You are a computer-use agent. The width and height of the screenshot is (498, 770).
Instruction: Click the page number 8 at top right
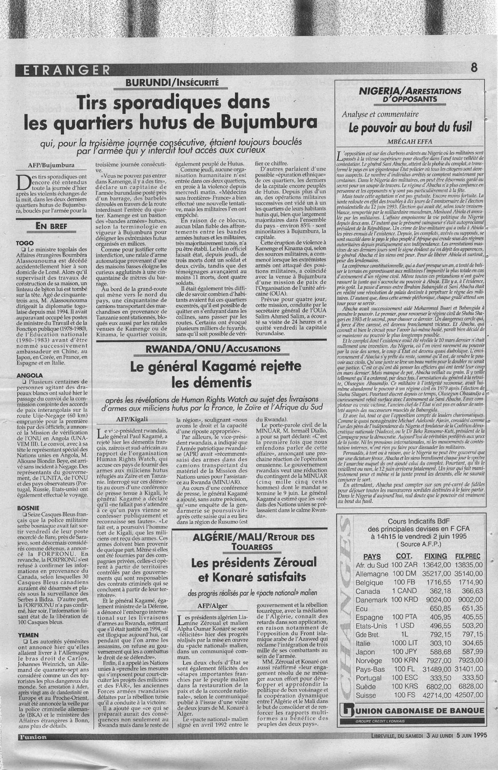pos(474,68)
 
